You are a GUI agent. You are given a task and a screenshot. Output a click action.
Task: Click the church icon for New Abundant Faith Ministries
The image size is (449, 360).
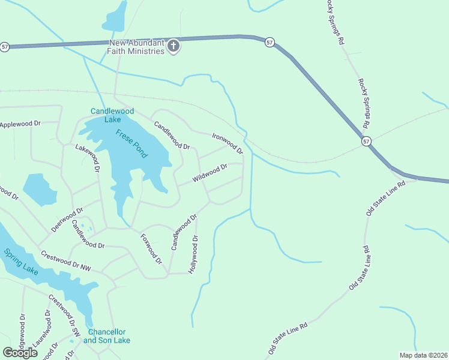click(173, 47)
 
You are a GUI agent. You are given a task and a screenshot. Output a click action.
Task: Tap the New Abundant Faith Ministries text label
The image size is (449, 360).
click(136, 47)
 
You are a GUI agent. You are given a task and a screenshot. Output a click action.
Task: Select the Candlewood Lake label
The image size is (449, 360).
click(112, 115)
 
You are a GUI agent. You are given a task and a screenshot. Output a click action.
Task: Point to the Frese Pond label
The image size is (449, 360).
click(131, 143)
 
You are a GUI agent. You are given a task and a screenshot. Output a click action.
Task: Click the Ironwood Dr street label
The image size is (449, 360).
click(228, 142)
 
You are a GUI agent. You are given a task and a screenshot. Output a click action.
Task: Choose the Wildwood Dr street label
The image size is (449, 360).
click(209, 174)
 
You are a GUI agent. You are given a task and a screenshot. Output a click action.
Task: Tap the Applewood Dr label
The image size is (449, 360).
click(20, 124)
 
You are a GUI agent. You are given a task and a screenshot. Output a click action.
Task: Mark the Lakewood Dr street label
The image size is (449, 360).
click(87, 158)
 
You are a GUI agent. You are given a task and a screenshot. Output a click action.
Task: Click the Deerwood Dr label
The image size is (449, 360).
click(67, 220)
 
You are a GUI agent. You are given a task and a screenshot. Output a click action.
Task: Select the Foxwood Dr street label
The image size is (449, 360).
click(151, 249)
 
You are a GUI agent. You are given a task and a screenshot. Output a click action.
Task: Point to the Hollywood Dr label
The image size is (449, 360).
click(193, 254)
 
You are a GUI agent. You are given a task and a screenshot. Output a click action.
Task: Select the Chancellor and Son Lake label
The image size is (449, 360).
click(109, 336)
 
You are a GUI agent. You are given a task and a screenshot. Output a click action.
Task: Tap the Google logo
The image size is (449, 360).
click(20, 352)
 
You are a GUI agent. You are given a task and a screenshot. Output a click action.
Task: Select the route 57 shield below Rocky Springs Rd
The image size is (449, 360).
click(366, 141)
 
